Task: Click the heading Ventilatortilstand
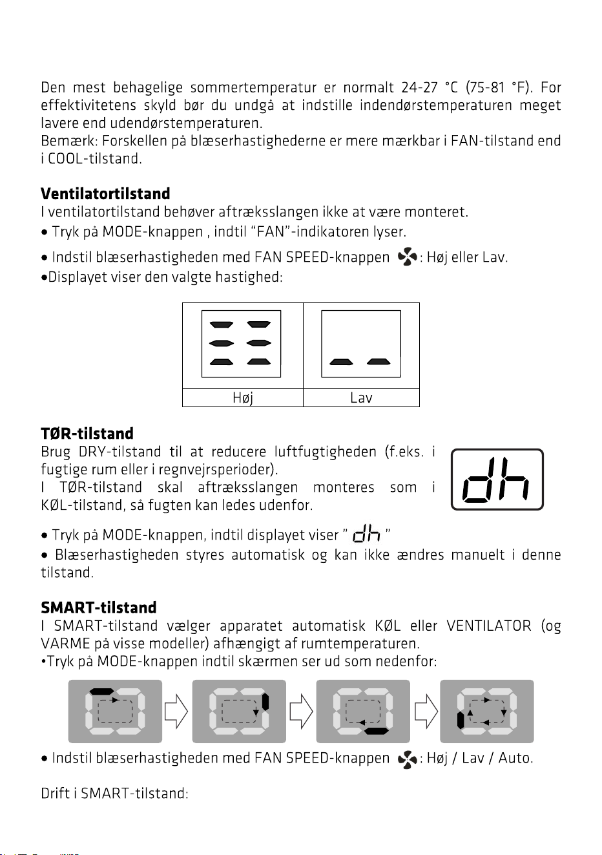click(105, 193)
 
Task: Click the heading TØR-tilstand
click(87, 434)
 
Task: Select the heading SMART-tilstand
click(98, 607)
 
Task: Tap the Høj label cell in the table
click(243, 397)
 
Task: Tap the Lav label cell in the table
click(361, 397)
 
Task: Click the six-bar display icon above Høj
click(241, 344)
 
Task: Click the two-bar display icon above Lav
click(361, 344)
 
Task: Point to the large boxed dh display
click(497, 480)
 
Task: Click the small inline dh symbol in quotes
click(366, 534)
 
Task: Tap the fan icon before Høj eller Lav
click(407, 257)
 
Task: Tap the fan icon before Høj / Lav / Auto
click(407, 759)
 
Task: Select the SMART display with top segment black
click(115, 711)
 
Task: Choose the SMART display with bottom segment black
click(363, 711)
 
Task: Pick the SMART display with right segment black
click(239, 711)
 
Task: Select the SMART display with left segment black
click(487, 711)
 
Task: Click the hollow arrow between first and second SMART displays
click(176, 711)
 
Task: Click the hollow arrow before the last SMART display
click(426, 711)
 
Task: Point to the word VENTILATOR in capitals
click(489, 626)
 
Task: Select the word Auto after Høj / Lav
click(515, 758)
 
